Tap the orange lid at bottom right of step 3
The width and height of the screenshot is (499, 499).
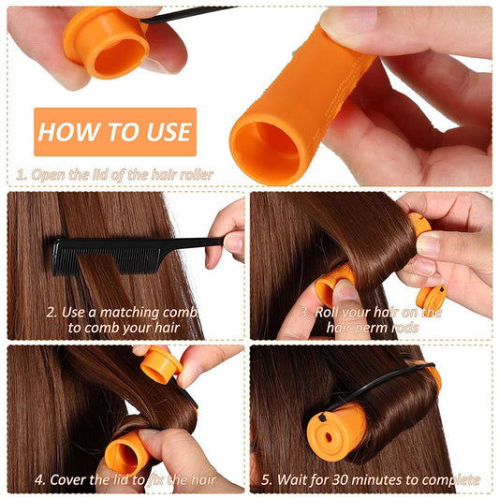pyautogui.click(x=430, y=299)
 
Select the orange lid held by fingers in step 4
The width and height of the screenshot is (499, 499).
pyautogui.click(x=160, y=365)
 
